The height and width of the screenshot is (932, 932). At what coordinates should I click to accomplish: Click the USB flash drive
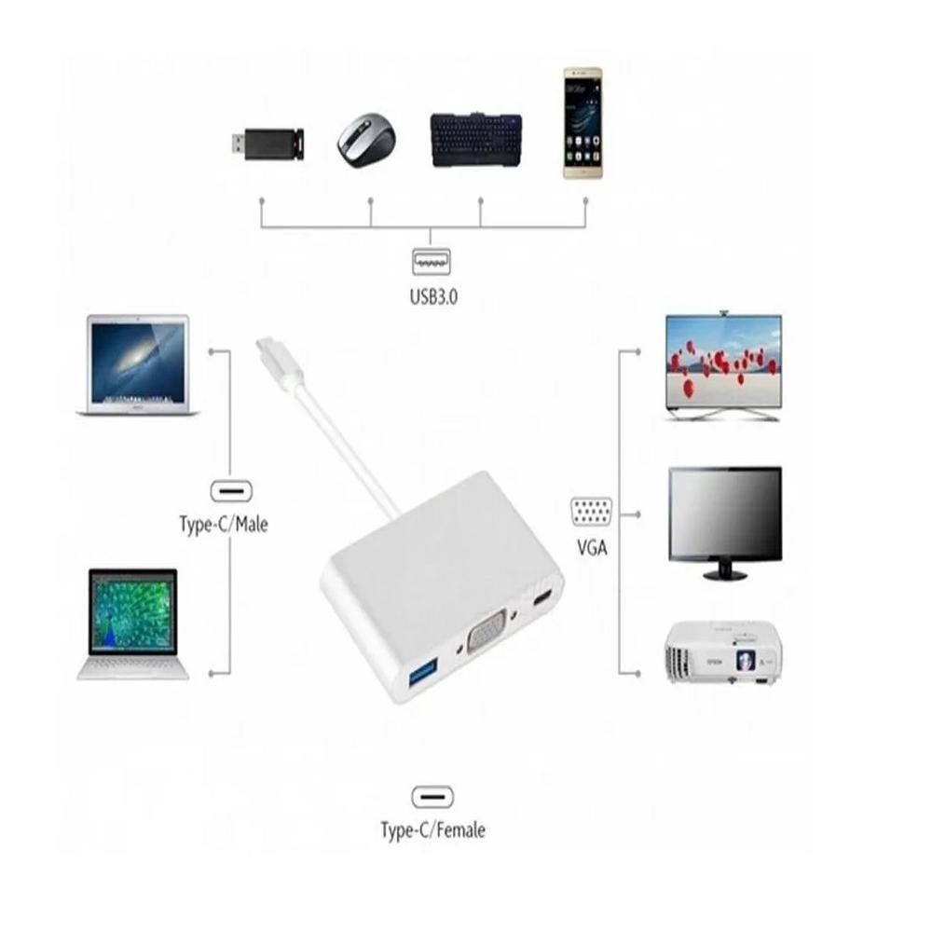pos(267,144)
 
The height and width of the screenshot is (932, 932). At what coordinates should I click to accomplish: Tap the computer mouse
pos(366,141)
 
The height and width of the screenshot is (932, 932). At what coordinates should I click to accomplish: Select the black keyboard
pos(476,140)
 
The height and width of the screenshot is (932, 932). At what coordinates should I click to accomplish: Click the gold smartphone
pos(583,123)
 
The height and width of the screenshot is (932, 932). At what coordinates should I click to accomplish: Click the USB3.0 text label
pos(433,296)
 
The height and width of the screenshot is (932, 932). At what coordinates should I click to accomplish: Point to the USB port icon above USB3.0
pos(432,262)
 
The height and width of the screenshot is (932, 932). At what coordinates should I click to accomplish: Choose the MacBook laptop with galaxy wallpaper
pos(138,365)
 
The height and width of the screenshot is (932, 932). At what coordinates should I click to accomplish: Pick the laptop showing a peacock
pos(133,624)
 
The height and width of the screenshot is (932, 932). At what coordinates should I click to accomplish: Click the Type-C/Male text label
pos(224,524)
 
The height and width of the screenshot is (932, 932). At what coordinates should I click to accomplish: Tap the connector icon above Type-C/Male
pos(231,491)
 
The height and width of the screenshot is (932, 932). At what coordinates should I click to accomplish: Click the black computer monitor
pos(725,523)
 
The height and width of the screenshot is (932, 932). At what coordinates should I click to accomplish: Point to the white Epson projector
pos(723,652)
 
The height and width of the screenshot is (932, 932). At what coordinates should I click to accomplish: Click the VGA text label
pos(593,547)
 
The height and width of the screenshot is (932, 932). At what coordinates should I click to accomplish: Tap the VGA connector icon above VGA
pos(592,511)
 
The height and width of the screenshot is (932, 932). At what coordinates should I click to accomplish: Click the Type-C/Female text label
pos(432,829)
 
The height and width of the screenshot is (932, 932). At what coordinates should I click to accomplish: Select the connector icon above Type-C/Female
pos(432,797)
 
